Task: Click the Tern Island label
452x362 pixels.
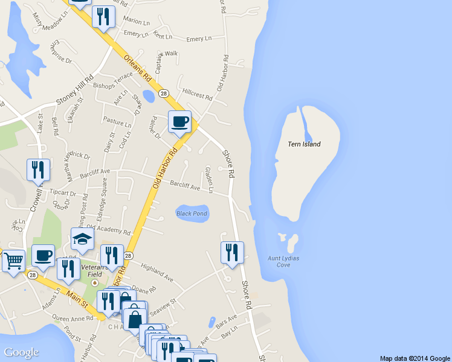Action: tap(304, 144)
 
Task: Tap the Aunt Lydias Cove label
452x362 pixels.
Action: tap(283, 261)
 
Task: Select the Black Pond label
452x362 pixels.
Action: tap(192, 214)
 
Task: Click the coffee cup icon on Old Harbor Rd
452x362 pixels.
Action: tap(179, 122)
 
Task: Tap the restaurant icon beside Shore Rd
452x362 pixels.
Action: tap(231, 253)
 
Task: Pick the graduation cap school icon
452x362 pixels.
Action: tap(82, 240)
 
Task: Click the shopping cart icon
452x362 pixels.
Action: tap(13, 261)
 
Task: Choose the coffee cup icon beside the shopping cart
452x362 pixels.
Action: tap(43, 256)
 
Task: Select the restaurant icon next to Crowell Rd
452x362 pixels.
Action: tap(38, 170)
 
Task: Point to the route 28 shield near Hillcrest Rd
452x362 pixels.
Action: tap(164, 94)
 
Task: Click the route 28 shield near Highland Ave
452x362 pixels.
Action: tap(128, 256)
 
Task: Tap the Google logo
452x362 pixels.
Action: tap(21, 352)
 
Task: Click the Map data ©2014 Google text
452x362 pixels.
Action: tap(415, 358)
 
